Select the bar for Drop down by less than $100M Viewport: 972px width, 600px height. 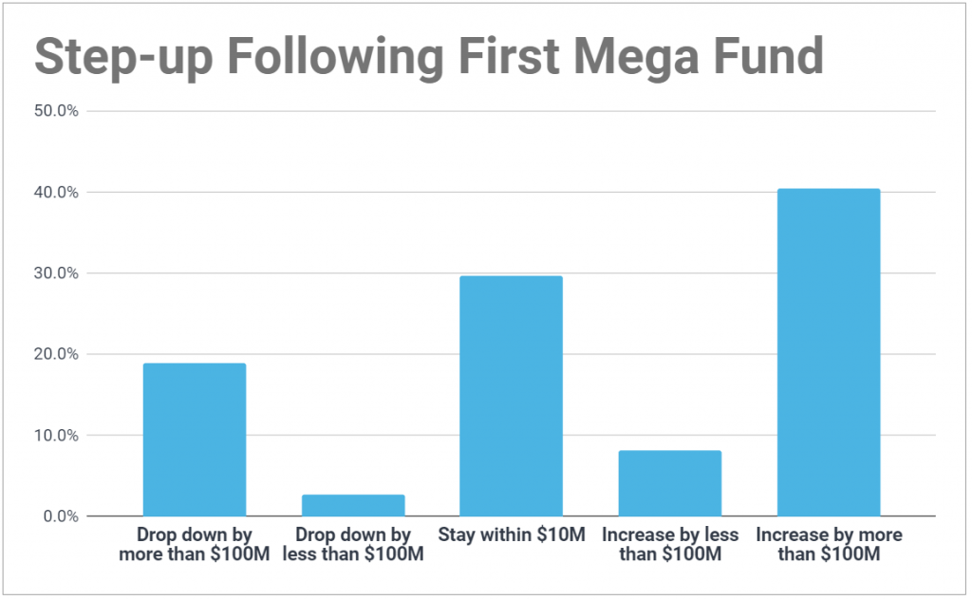click(x=353, y=505)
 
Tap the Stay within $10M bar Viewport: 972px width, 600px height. click(x=511, y=396)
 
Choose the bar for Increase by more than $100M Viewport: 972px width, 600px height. click(x=829, y=352)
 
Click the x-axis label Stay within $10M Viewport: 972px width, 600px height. click(x=512, y=535)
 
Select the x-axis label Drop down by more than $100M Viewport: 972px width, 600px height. click(x=194, y=545)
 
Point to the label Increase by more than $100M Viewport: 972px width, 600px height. click(x=829, y=545)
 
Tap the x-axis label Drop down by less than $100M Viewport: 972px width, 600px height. click(x=353, y=545)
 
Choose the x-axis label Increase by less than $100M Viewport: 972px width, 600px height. click(x=669, y=545)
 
